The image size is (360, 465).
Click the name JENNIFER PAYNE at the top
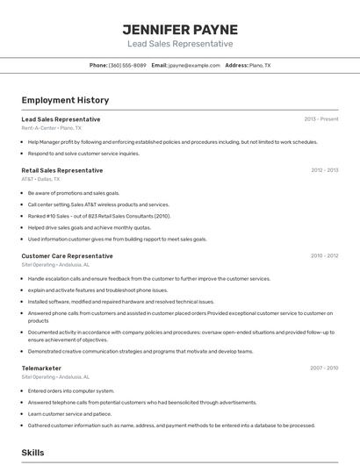pos(179,29)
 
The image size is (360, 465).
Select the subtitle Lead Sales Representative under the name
pos(179,44)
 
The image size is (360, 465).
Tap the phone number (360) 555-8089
pos(127,65)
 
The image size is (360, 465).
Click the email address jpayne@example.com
pos(194,65)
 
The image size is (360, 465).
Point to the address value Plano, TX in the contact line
pos(260,65)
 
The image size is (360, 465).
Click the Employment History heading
pos(65,100)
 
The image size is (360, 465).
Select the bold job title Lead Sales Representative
pos(61,119)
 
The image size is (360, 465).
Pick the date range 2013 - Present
pos(320,119)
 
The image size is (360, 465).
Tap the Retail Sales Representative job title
pos(61,170)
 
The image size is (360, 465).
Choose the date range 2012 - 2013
pos(324,170)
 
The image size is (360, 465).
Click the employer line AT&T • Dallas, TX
pos(40,179)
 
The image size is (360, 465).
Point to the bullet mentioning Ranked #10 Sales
pos(99,216)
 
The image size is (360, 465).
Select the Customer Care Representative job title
pos(67,256)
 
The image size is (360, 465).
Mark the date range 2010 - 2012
pos(324,256)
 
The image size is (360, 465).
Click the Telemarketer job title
pos(41,368)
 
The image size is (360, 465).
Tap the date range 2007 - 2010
pos(324,368)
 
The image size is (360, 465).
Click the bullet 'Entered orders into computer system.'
pos(71,390)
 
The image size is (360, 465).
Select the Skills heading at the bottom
pos(32,453)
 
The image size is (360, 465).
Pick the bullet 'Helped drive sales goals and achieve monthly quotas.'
pos(90,227)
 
